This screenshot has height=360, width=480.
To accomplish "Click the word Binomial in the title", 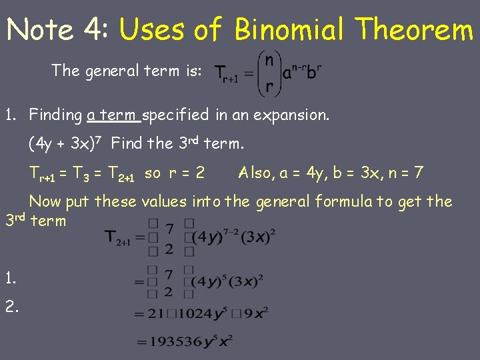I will coord(290,29).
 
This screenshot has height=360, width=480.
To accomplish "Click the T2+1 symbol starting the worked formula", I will coord(120,237).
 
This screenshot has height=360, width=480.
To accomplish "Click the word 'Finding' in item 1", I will coord(55,115).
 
